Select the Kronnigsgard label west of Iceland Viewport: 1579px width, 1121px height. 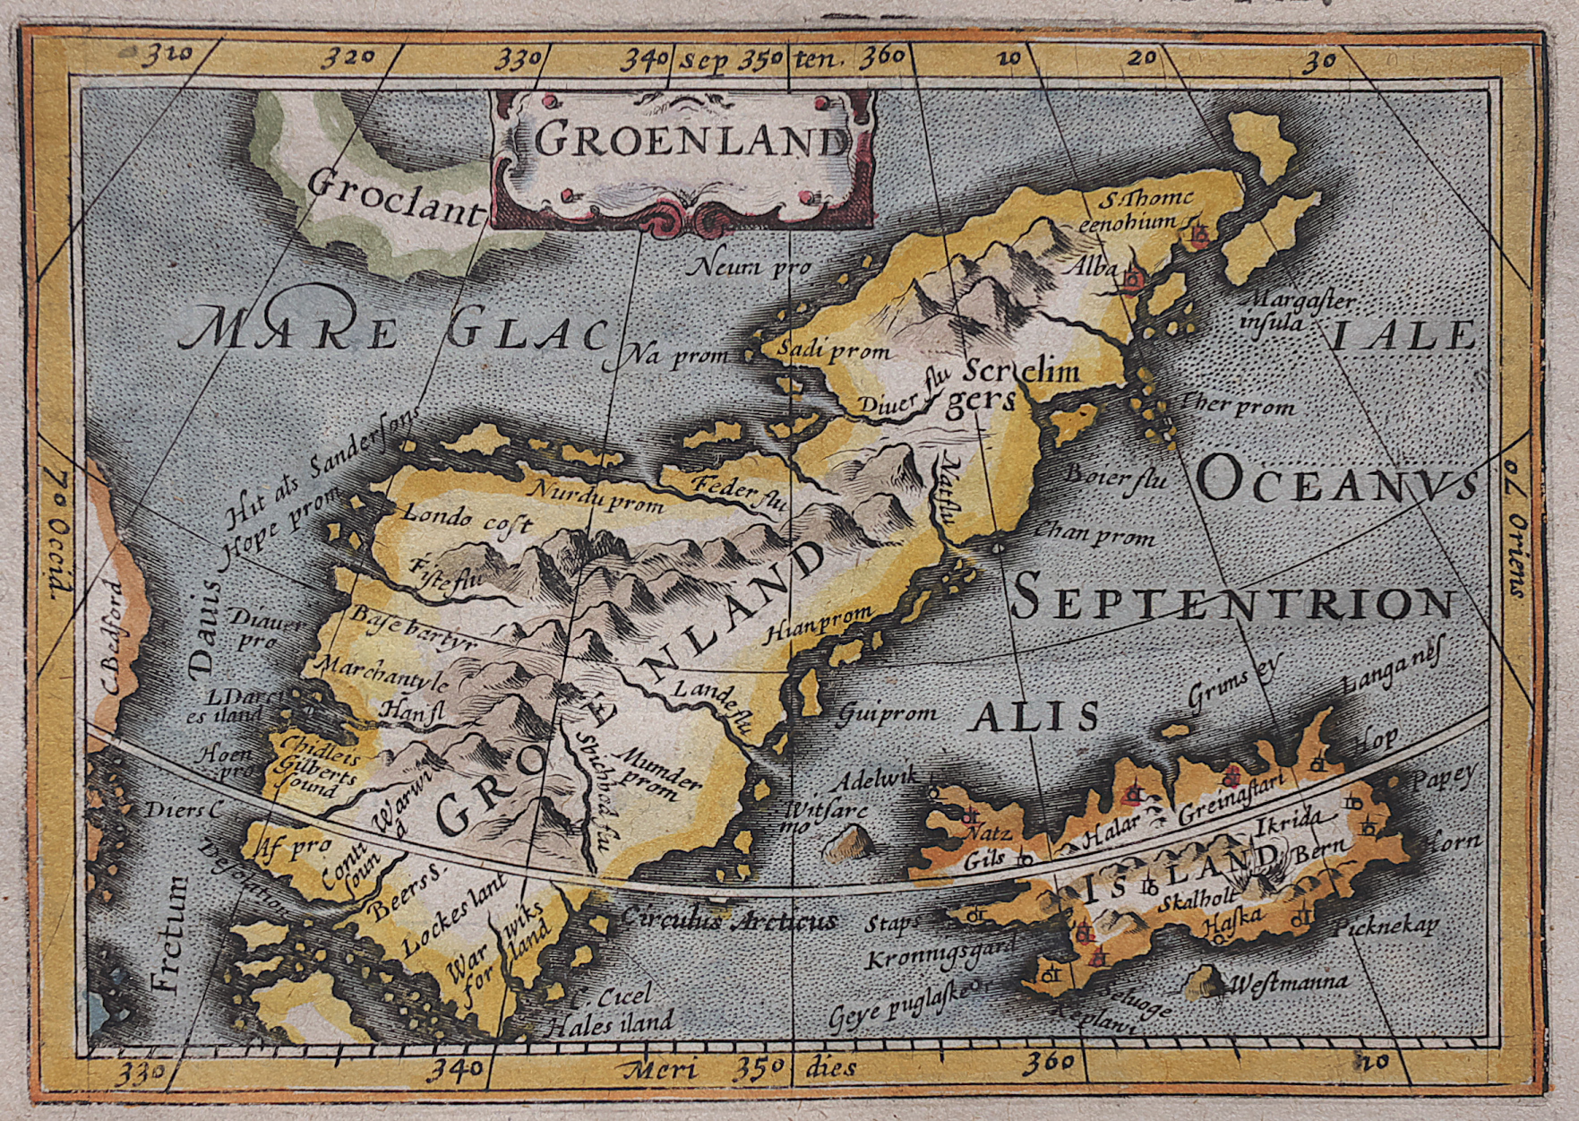[941, 953]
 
